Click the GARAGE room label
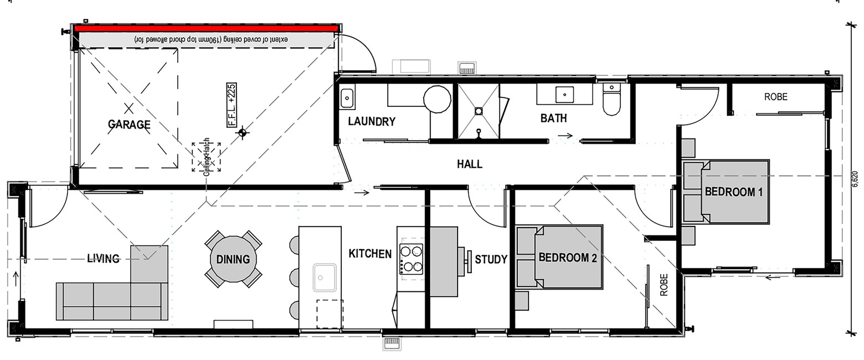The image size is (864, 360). pos(129,124)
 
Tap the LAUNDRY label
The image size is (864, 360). pos(372,121)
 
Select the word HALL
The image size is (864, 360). pos(470,164)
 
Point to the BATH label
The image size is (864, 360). pos(553,118)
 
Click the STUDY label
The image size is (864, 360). pos(491,259)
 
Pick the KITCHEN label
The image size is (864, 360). pos(370,254)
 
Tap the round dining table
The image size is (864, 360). pos(233,259)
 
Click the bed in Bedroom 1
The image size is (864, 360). pos(726,192)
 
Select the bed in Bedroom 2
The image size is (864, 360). pos(559,257)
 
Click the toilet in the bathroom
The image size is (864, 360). pos(612,100)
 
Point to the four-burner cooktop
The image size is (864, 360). pos(411,259)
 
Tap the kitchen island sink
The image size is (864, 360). pos(325,277)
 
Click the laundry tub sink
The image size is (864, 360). pos(347,98)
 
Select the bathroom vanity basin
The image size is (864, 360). pos(565,94)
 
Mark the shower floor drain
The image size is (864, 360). pos(479,111)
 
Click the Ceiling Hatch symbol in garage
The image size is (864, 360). pos(207,157)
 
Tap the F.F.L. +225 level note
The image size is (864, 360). pos(232,105)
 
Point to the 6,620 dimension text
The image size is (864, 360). pos(855,179)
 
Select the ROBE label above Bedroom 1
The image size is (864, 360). pos(776,97)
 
